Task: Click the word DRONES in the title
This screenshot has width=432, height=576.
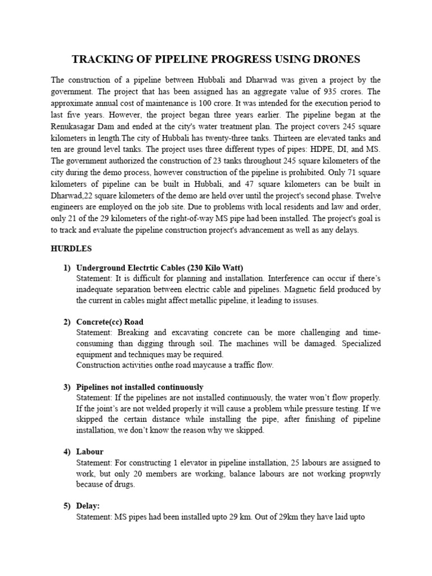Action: tap(332, 59)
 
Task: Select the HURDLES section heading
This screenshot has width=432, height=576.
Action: tap(71, 248)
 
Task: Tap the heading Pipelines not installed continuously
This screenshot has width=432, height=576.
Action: tap(139, 388)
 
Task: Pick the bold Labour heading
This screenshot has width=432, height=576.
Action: tap(89, 452)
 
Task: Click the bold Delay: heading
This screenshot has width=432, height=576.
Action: tap(88, 506)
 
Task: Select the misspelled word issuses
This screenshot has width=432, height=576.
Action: tap(304, 301)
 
